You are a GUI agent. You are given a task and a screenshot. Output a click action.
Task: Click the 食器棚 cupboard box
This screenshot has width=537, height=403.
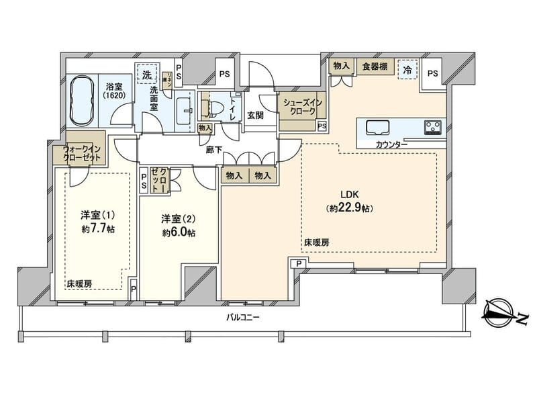coord(374,66)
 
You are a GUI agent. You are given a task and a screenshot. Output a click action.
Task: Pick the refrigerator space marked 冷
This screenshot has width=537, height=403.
coord(407,69)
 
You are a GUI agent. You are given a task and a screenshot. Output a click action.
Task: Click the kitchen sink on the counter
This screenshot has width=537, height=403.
coord(377,126)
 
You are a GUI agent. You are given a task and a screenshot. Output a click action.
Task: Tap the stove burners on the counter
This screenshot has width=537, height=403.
coord(431,126)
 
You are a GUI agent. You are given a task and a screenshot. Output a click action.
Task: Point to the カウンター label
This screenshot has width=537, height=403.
coord(391,144)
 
